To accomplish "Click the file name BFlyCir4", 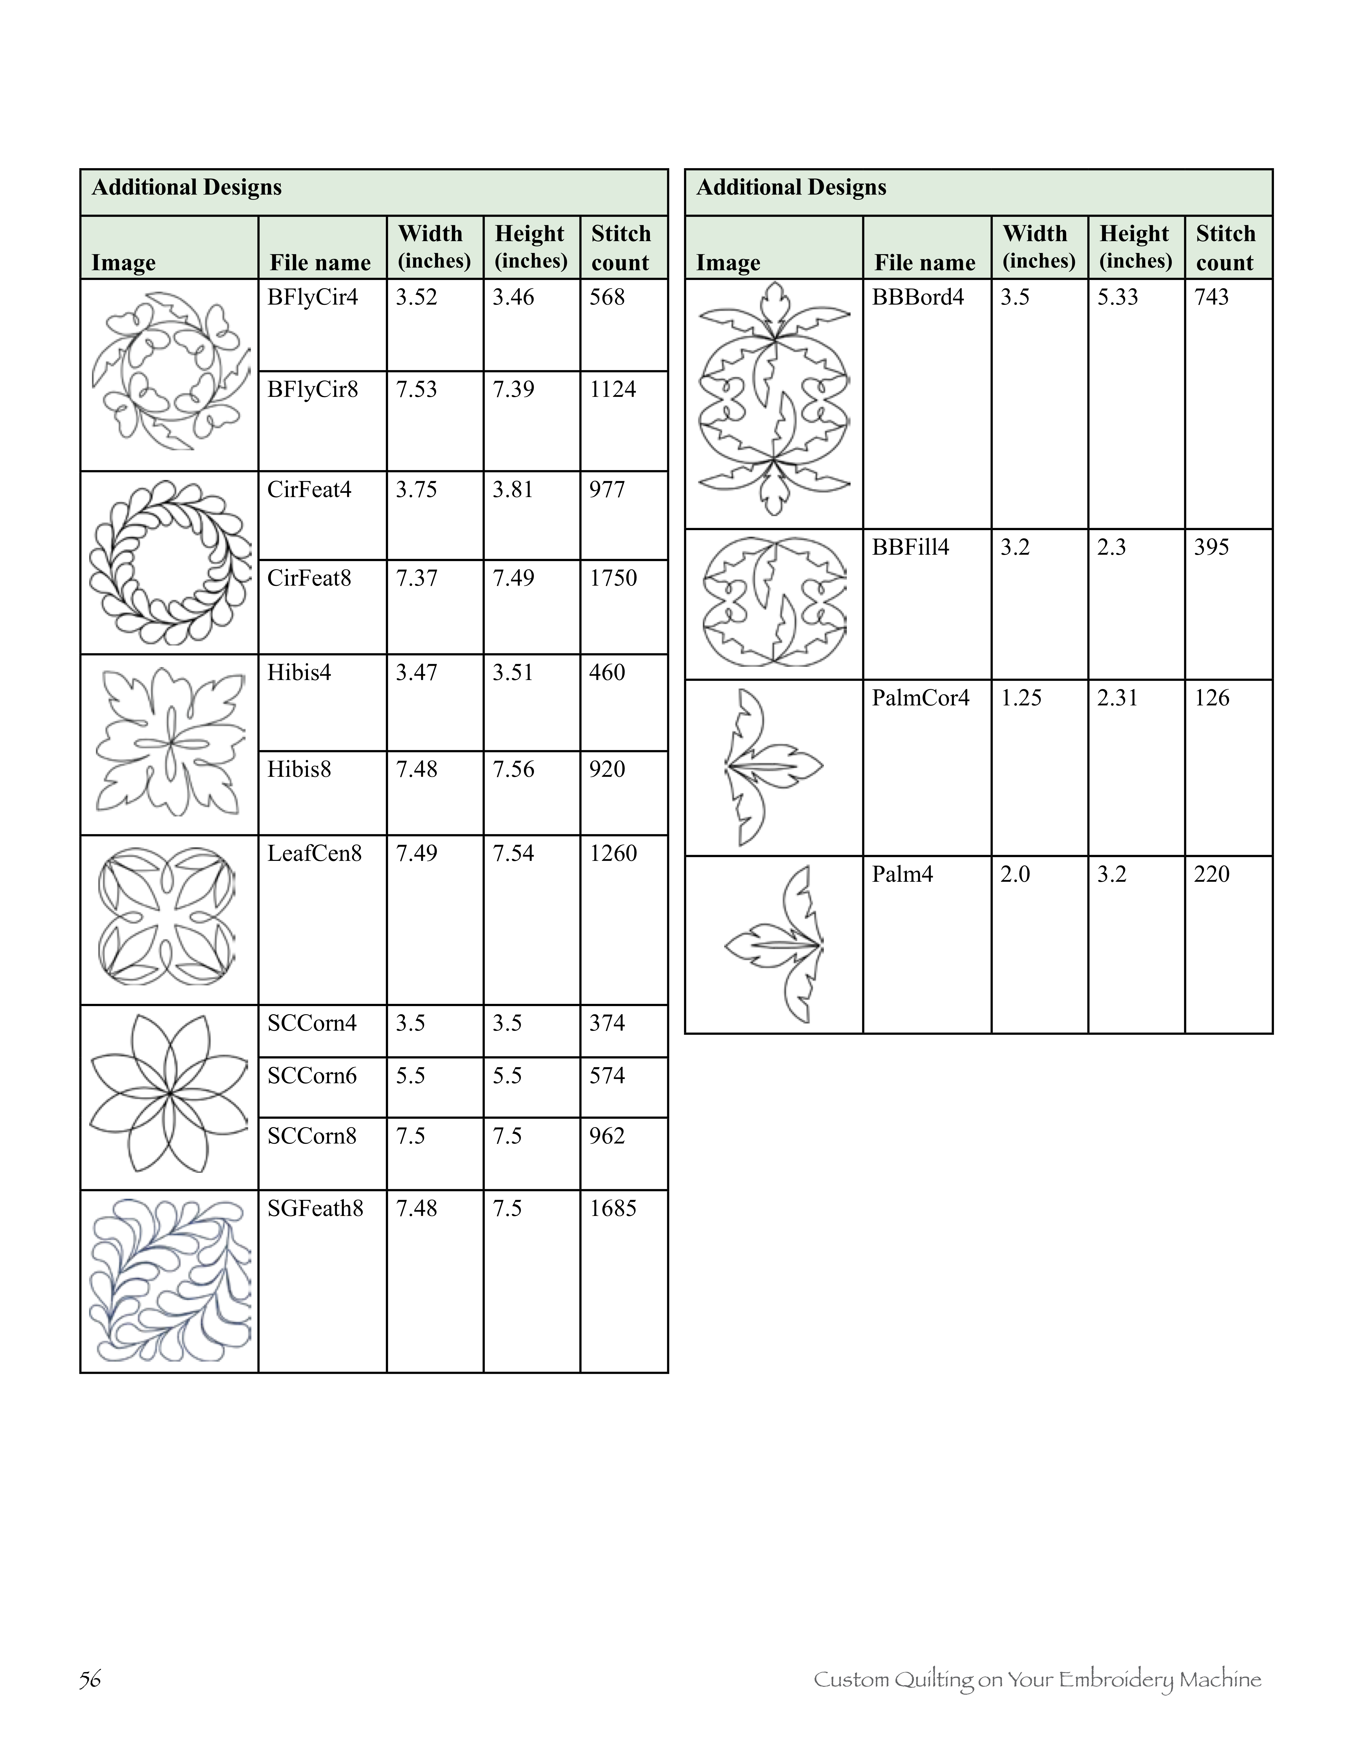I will coord(312,298).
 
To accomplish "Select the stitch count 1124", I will coord(612,390).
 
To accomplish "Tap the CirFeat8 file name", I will coord(309,578).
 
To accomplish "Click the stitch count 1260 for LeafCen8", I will coord(612,853).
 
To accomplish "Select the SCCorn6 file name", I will coord(311,1076).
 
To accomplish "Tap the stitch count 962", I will coord(607,1136).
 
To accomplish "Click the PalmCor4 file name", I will coord(920,698).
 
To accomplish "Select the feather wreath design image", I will coord(169,562).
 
